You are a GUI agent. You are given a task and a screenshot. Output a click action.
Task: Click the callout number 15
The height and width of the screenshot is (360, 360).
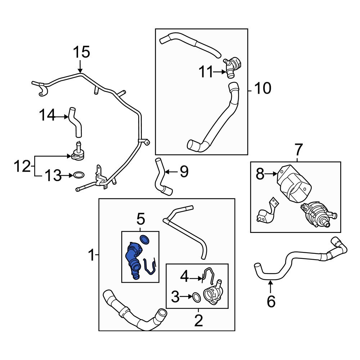(81, 53)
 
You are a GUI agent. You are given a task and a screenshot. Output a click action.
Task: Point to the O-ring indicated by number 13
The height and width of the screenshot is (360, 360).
(79, 175)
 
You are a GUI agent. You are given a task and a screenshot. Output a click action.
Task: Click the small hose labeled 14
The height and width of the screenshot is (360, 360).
(76, 122)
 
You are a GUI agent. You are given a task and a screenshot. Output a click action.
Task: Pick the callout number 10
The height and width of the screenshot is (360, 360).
(262, 88)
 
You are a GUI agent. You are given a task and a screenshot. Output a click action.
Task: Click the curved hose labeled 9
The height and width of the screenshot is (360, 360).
(161, 177)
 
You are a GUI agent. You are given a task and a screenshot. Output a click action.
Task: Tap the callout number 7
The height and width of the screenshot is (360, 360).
(299, 149)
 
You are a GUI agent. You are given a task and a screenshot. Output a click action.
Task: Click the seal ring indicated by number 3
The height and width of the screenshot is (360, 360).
(196, 297)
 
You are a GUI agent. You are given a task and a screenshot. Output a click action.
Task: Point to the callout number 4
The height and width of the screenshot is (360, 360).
(184, 277)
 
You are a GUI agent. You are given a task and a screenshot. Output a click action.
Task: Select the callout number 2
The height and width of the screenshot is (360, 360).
(198, 320)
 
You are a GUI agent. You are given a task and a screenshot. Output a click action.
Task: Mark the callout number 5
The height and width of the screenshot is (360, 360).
(140, 219)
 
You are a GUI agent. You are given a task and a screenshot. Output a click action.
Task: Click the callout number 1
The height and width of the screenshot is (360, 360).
(92, 256)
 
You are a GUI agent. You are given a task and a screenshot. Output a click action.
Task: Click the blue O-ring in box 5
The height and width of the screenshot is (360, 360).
(145, 239)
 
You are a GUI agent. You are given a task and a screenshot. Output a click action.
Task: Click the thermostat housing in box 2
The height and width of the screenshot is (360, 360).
(213, 294)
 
